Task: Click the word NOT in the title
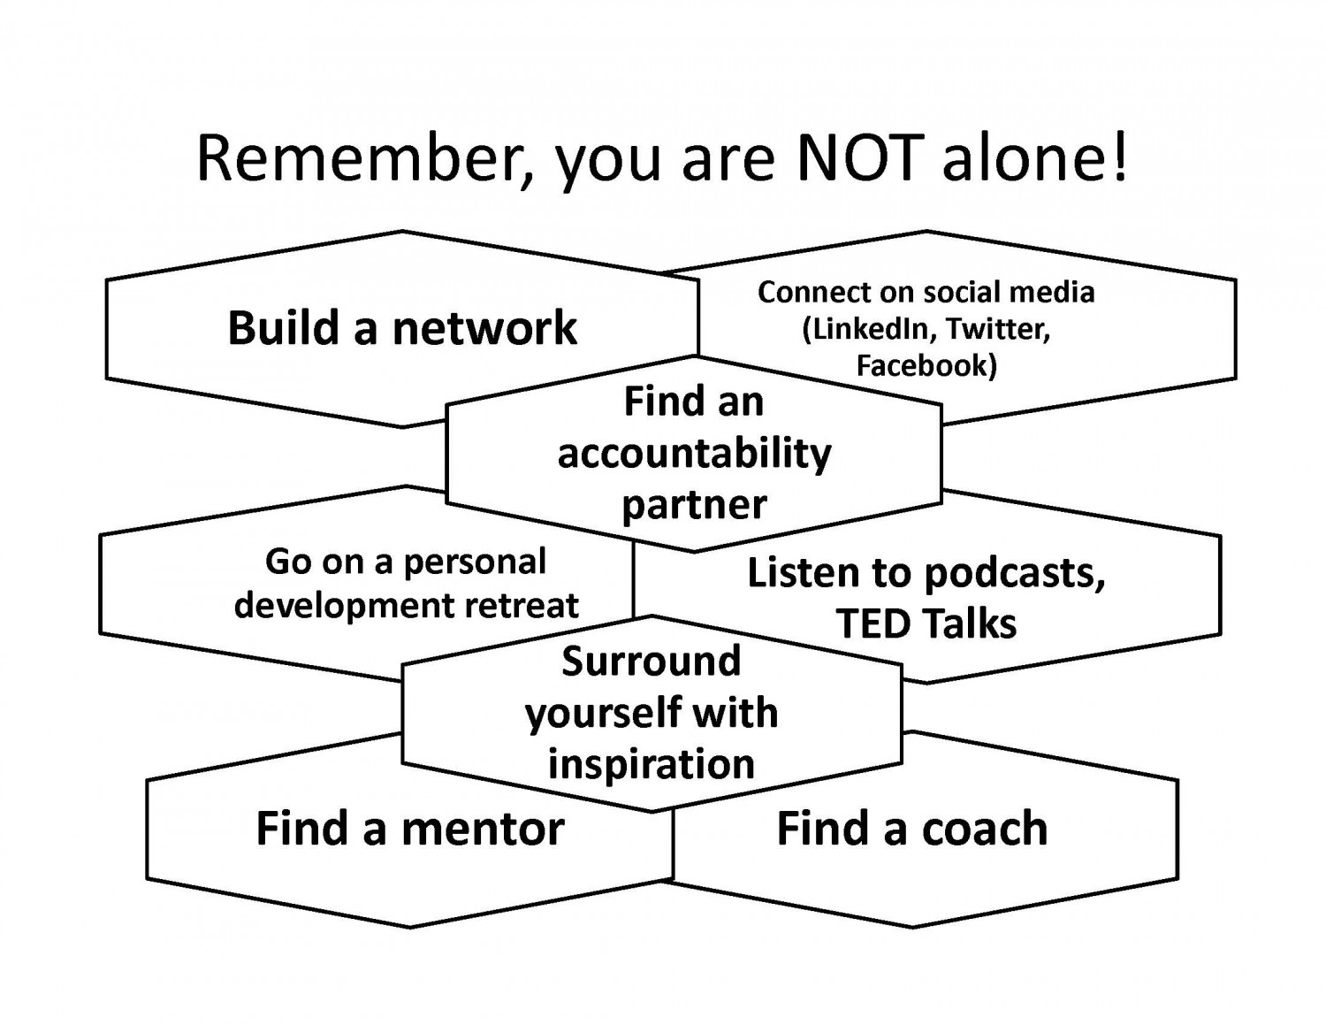click(x=859, y=157)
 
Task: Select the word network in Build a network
click(x=484, y=328)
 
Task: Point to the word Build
click(x=283, y=327)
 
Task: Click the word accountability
click(x=695, y=455)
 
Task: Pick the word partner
click(x=694, y=506)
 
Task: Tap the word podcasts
click(x=1015, y=575)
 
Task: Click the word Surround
click(x=652, y=661)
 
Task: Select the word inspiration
click(x=652, y=764)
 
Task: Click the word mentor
click(x=483, y=829)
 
